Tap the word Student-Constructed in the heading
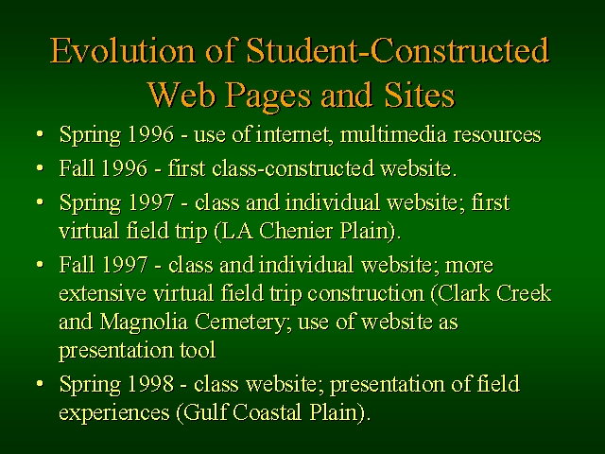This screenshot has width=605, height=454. [397, 50]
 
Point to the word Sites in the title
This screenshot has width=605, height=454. [420, 95]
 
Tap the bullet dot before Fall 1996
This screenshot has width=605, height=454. [40, 168]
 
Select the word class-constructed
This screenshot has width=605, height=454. [293, 168]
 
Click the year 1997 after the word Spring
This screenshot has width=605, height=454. [151, 202]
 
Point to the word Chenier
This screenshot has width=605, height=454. [296, 231]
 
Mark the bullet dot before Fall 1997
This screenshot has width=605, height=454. [40, 265]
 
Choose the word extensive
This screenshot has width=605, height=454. [103, 293]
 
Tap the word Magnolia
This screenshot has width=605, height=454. [144, 322]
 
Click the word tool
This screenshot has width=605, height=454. [198, 350]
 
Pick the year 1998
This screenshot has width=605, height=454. [151, 384]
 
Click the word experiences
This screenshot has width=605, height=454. [114, 413]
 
